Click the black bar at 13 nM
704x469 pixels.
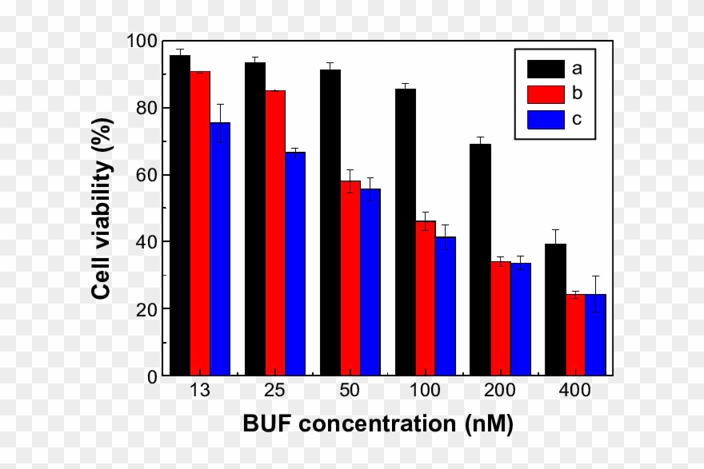180,216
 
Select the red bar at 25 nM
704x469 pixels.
275,233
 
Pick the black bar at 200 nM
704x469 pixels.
480,260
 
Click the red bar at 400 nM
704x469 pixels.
576,335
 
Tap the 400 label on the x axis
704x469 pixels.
575,391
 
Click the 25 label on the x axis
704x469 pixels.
275,391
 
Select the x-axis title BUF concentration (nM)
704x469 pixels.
378,423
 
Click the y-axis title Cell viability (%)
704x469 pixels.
102,208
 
